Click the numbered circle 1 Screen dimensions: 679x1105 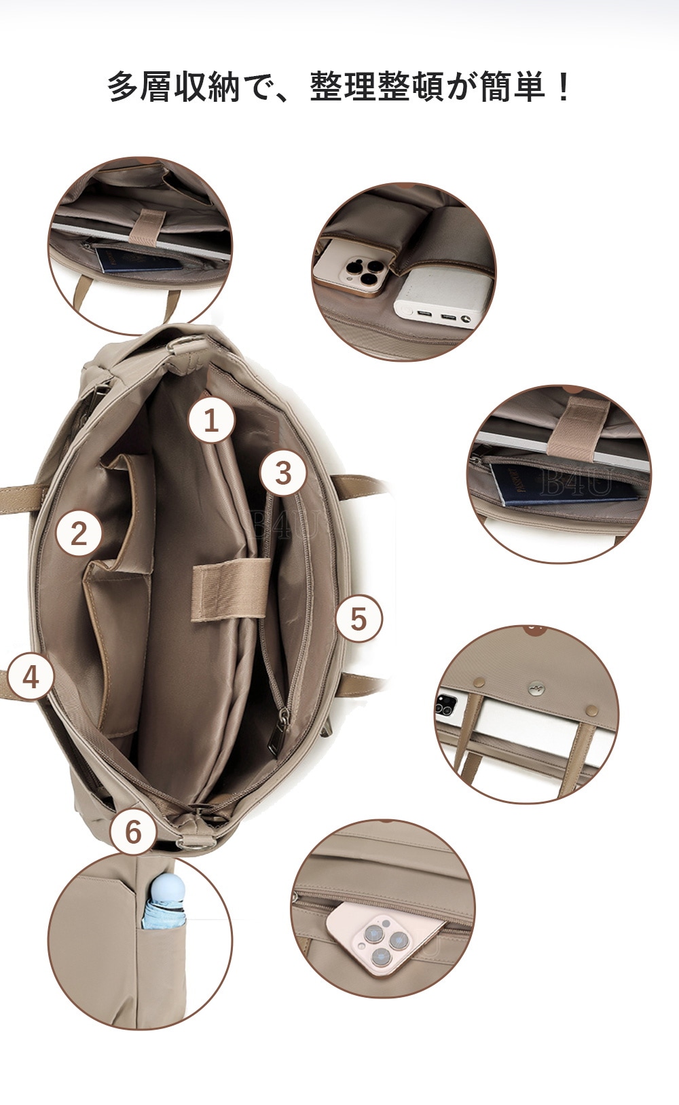211,420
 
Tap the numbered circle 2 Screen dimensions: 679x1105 79,533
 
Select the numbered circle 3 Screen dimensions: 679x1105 282,472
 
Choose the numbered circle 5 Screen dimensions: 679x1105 359,618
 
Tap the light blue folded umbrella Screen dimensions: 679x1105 164,901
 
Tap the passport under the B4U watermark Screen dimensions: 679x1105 562,485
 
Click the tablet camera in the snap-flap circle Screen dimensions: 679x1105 447,703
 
